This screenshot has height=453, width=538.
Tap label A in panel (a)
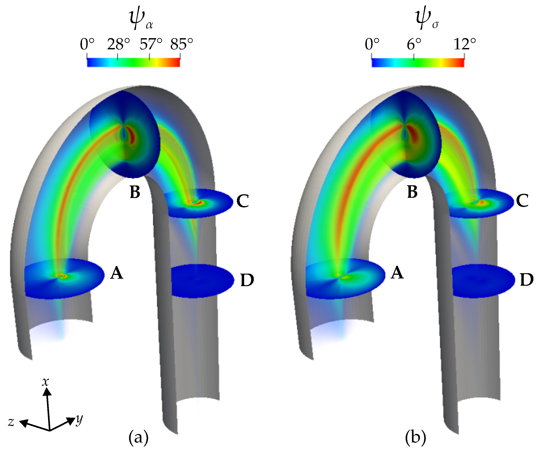click(x=117, y=273)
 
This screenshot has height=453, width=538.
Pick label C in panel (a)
click(x=243, y=201)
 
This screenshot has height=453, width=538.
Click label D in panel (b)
click(x=526, y=280)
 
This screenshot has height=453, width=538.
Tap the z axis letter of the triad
click(x=11, y=422)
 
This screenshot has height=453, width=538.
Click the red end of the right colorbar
click(x=461, y=63)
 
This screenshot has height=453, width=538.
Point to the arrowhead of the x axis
click(x=47, y=392)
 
